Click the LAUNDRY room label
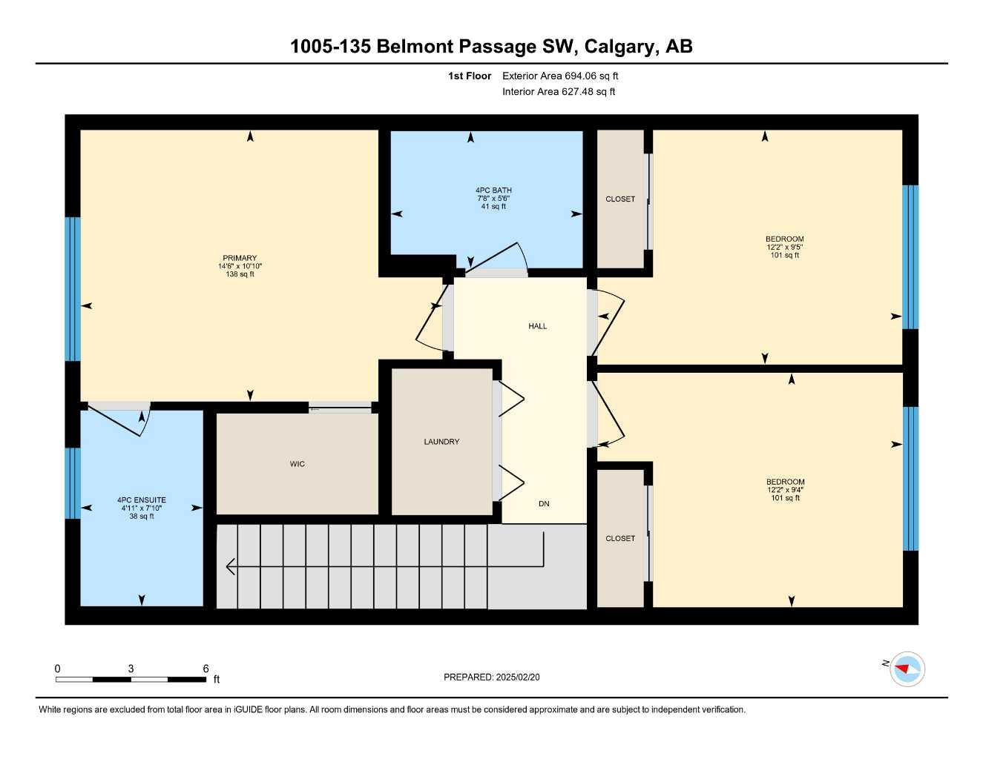(441, 442)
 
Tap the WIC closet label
(297, 464)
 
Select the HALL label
(538, 326)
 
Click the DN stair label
(544, 504)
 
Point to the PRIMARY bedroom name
(240, 258)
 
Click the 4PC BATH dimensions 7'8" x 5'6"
(493, 199)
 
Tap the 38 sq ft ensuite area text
(141, 517)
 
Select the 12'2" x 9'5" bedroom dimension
(785, 248)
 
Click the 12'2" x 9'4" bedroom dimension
(785, 490)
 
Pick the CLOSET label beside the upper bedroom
(620, 199)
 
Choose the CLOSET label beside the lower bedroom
(620, 539)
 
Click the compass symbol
(907, 669)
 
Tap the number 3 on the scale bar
(131, 669)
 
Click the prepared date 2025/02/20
(518, 677)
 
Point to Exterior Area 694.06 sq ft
(560, 76)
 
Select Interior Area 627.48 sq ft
(559, 92)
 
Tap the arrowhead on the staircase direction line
(230, 567)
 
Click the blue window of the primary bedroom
(73, 289)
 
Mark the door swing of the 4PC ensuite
(119, 422)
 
